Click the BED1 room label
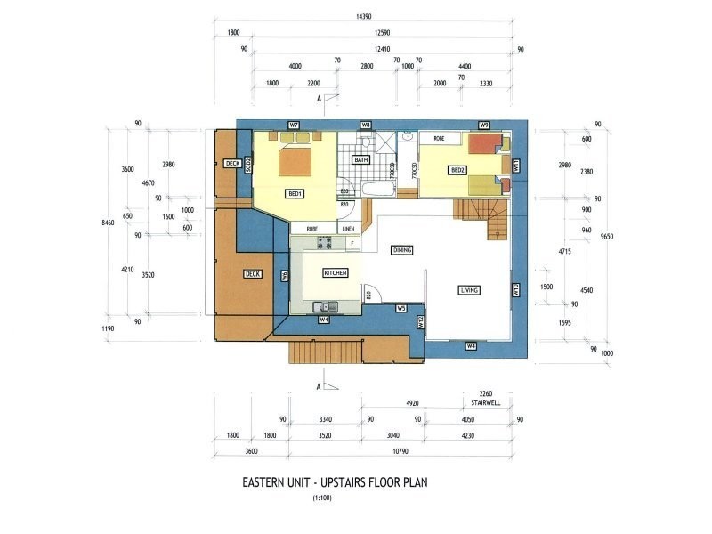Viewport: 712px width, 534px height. pos(295,193)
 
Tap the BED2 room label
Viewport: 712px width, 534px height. pos(458,170)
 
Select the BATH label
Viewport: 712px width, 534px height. pos(360,160)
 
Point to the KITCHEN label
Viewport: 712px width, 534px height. pos(335,272)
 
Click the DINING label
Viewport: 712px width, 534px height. pos(402,251)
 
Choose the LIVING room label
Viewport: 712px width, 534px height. pos(469,290)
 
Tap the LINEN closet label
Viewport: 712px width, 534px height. pos(350,229)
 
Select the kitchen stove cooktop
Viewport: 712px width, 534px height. pos(325,242)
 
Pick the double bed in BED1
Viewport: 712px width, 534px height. pos(296,158)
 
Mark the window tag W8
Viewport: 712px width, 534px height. pos(366,125)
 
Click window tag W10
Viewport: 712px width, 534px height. pos(515,289)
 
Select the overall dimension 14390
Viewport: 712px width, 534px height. pos(363,17)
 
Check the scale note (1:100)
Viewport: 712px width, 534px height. pos(321,498)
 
